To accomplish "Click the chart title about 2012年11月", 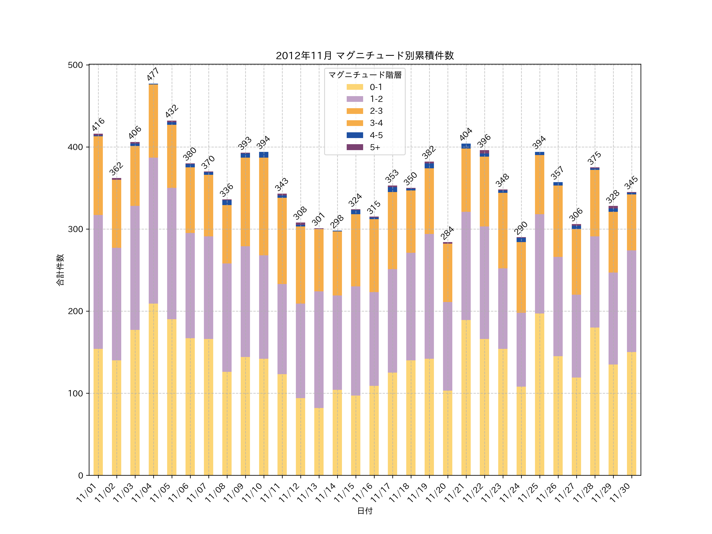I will click(x=365, y=56).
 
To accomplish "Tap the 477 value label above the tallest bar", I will click(x=153, y=74).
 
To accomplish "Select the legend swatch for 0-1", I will click(x=355, y=87).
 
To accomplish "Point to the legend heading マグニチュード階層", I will click(x=365, y=75).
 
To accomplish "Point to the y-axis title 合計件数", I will click(x=60, y=270).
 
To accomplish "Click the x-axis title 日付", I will click(x=365, y=511).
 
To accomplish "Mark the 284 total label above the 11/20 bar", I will click(x=447, y=233).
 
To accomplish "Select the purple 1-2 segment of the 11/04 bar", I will click(x=153, y=230).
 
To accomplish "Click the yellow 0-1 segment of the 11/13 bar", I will click(x=319, y=441).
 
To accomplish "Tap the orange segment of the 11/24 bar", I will click(x=521, y=277).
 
